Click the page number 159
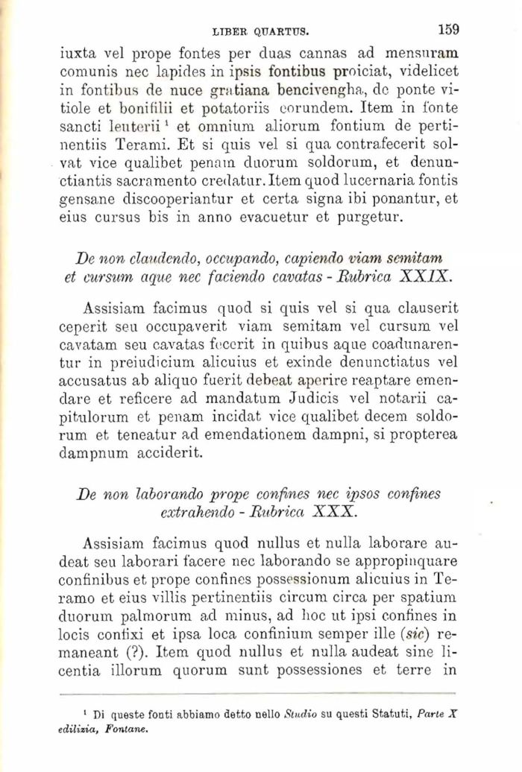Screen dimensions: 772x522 (448, 30)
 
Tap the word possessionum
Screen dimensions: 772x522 (311, 581)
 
